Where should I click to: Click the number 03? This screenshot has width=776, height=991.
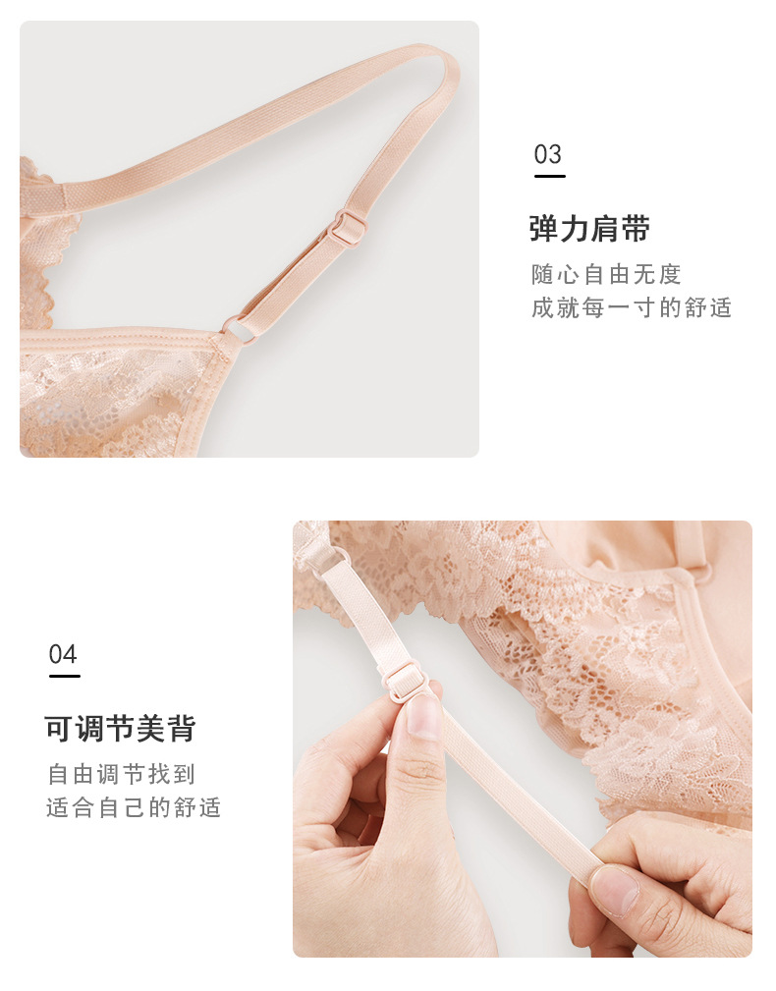pos(548,154)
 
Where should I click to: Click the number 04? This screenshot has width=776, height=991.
pos(63,654)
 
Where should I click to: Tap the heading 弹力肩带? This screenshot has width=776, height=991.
pos(589,229)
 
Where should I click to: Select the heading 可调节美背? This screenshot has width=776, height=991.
pos(120,729)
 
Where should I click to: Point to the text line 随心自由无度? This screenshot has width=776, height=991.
pos(606,274)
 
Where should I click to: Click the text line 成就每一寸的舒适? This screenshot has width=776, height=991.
pos(632,307)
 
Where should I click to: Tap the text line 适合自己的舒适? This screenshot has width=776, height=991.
pos(134,807)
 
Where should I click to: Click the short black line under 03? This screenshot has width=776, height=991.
pos(549,177)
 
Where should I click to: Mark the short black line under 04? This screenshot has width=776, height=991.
pos(64,677)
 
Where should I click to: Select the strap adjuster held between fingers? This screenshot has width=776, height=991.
pos(404,679)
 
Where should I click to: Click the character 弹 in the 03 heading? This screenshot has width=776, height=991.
pos(544,229)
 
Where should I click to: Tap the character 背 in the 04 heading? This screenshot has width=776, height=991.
pos(181,729)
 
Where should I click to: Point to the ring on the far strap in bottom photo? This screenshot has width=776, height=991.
pos(698,571)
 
